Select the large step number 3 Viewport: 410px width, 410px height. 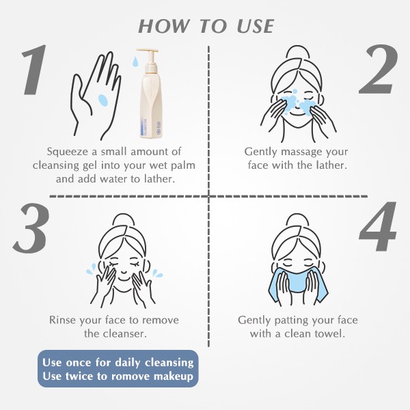pos(31,228)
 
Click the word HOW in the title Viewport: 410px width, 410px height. pos(163,26)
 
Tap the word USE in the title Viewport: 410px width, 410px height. pos(256,26)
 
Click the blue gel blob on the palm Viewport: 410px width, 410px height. pos(103,100)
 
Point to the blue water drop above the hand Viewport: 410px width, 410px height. pos(135,61)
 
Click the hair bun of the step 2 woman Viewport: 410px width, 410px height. pos(298,52)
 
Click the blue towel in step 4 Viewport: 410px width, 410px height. pos(297,284)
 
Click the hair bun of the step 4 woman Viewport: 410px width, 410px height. pos(297,221)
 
